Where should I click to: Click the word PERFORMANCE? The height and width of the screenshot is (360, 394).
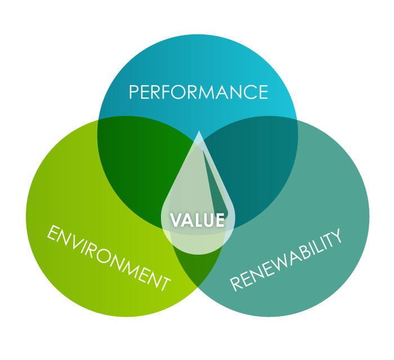199,92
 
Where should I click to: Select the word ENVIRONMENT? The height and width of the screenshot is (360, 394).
109,257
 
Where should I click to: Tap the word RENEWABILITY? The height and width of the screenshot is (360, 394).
286,260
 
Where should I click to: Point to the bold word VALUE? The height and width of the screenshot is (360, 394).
197,220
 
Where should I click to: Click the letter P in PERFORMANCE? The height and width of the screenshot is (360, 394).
134,92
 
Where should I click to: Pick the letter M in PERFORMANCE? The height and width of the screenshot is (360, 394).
210,92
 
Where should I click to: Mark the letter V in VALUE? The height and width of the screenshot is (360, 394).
176,220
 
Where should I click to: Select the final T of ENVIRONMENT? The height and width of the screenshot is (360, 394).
164,283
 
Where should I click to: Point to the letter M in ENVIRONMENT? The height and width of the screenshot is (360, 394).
136,270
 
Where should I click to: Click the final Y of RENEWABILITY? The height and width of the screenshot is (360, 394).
335,235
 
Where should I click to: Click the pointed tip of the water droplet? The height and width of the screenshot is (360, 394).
199,131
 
